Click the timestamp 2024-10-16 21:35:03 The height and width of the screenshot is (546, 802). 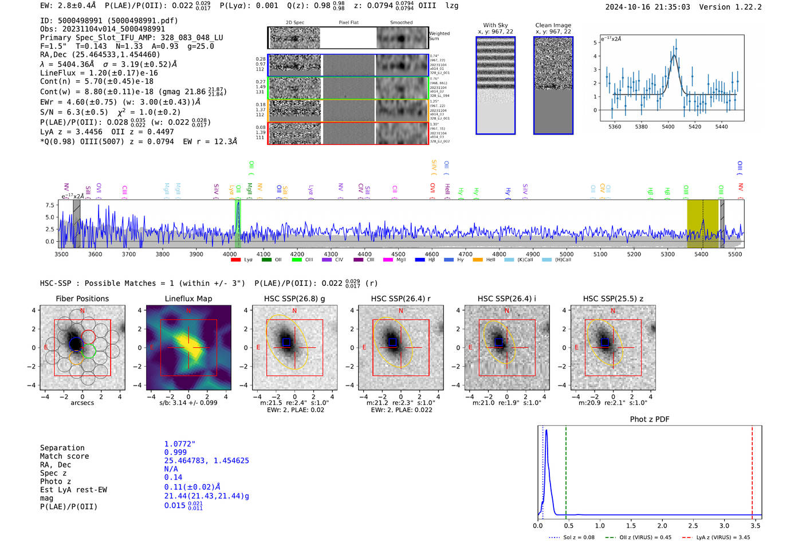(647, 7)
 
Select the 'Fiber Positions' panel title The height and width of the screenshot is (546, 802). (82, 298)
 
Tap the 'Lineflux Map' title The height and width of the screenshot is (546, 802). (188, 298)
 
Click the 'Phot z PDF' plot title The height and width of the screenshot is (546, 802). (649, 419)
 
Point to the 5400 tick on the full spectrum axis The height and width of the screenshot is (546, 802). (701, 254)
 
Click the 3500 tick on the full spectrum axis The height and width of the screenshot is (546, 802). (61, 254)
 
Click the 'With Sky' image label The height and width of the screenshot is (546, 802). (495, 25)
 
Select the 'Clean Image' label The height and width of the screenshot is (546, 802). (553, 25)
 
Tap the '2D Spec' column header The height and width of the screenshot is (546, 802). (294, 22)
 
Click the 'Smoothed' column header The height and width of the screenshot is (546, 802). (401, 22)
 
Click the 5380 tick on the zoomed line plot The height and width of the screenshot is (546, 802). (641, 126)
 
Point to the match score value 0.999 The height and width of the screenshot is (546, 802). (175, 452)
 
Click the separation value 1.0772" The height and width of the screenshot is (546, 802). (179, 444)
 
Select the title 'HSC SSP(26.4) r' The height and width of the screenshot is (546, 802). (400, 298)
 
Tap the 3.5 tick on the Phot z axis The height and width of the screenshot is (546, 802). (756, 525)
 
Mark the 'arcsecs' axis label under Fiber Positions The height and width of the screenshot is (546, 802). (82, 403)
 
